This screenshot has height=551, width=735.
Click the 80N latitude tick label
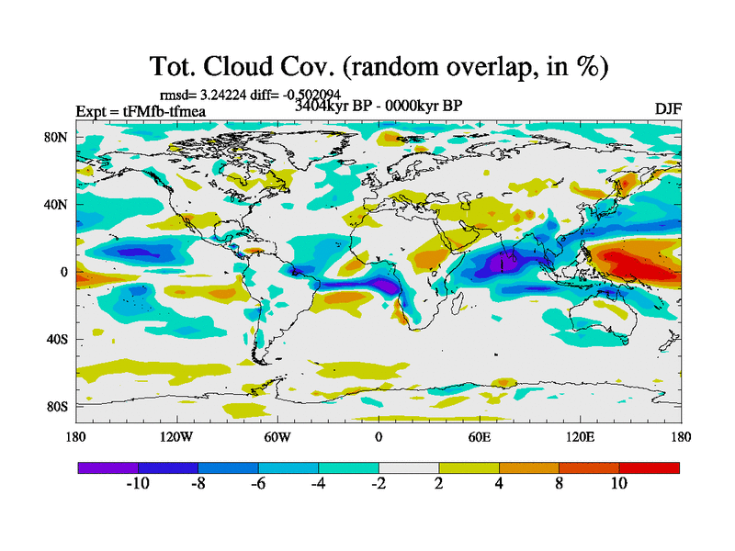(x=61, y=138)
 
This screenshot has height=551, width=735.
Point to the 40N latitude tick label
(x=61, y=205)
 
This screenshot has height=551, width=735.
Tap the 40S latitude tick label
(x=61, y=340)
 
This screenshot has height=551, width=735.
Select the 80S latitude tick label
(x=61, y=407)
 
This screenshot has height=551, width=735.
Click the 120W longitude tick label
(x=177, y=438)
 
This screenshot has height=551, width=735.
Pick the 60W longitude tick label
(x=277, y=438)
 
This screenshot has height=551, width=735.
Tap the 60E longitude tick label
(x=480, y=438)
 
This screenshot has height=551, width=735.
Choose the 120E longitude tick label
(x=579, y=438)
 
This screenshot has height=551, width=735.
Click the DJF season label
(x=667, y=109)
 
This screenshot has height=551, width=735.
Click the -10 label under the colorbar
(x=137, y=484)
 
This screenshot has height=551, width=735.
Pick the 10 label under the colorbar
(x=619, y=484)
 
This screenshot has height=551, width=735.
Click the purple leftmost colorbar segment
(x=107, y=467)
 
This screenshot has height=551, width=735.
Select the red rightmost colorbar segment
(x=650, y=467)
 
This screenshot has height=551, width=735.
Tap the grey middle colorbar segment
(x=409, y=467)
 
